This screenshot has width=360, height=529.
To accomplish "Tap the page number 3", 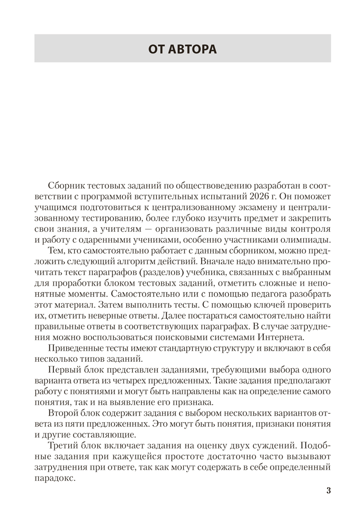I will (x=328, y=490).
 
